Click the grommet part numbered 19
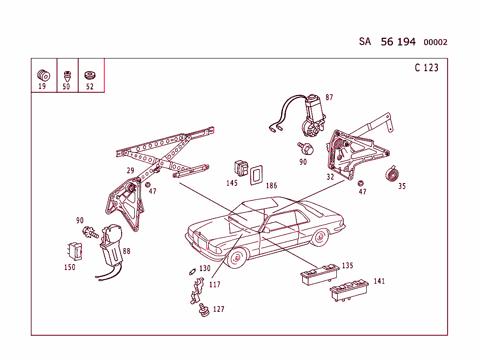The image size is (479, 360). point(43,74)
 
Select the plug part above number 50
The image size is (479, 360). point(67,75)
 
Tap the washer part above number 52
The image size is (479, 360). point(89,75)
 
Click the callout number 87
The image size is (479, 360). point(329,97)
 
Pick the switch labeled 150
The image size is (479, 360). point(74,251)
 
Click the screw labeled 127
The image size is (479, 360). point(203,310)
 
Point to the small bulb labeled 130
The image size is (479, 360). point(191,271)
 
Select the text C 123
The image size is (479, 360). point(426,68)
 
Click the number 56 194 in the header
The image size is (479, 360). point(398,42)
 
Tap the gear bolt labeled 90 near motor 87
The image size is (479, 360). point(305,148)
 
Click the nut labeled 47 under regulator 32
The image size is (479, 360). point(361,183)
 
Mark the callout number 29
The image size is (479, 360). point(130,171)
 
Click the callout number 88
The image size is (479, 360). point(126,251)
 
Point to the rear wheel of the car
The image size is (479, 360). point(320,237)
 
